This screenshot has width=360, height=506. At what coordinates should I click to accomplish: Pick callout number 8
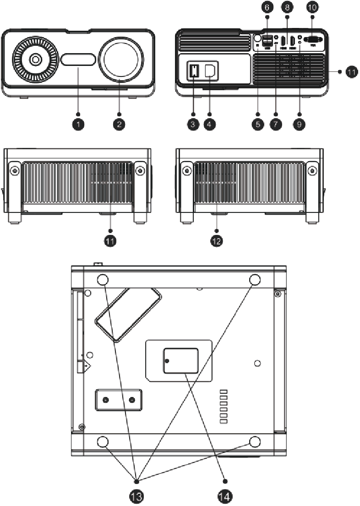tap(287, 8)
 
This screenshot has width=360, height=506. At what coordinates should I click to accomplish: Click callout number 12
tap(217, 241)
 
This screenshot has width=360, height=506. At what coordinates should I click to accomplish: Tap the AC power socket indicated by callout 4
tap(212, 70)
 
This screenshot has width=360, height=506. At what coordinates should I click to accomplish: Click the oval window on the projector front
tap(79, 60)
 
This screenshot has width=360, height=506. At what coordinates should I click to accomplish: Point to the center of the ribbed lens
tap(35, 60)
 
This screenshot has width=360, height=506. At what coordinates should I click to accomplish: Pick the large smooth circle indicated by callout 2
tap(119, 59)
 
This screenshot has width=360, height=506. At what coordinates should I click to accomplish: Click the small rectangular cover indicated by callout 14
tap(181, 360)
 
